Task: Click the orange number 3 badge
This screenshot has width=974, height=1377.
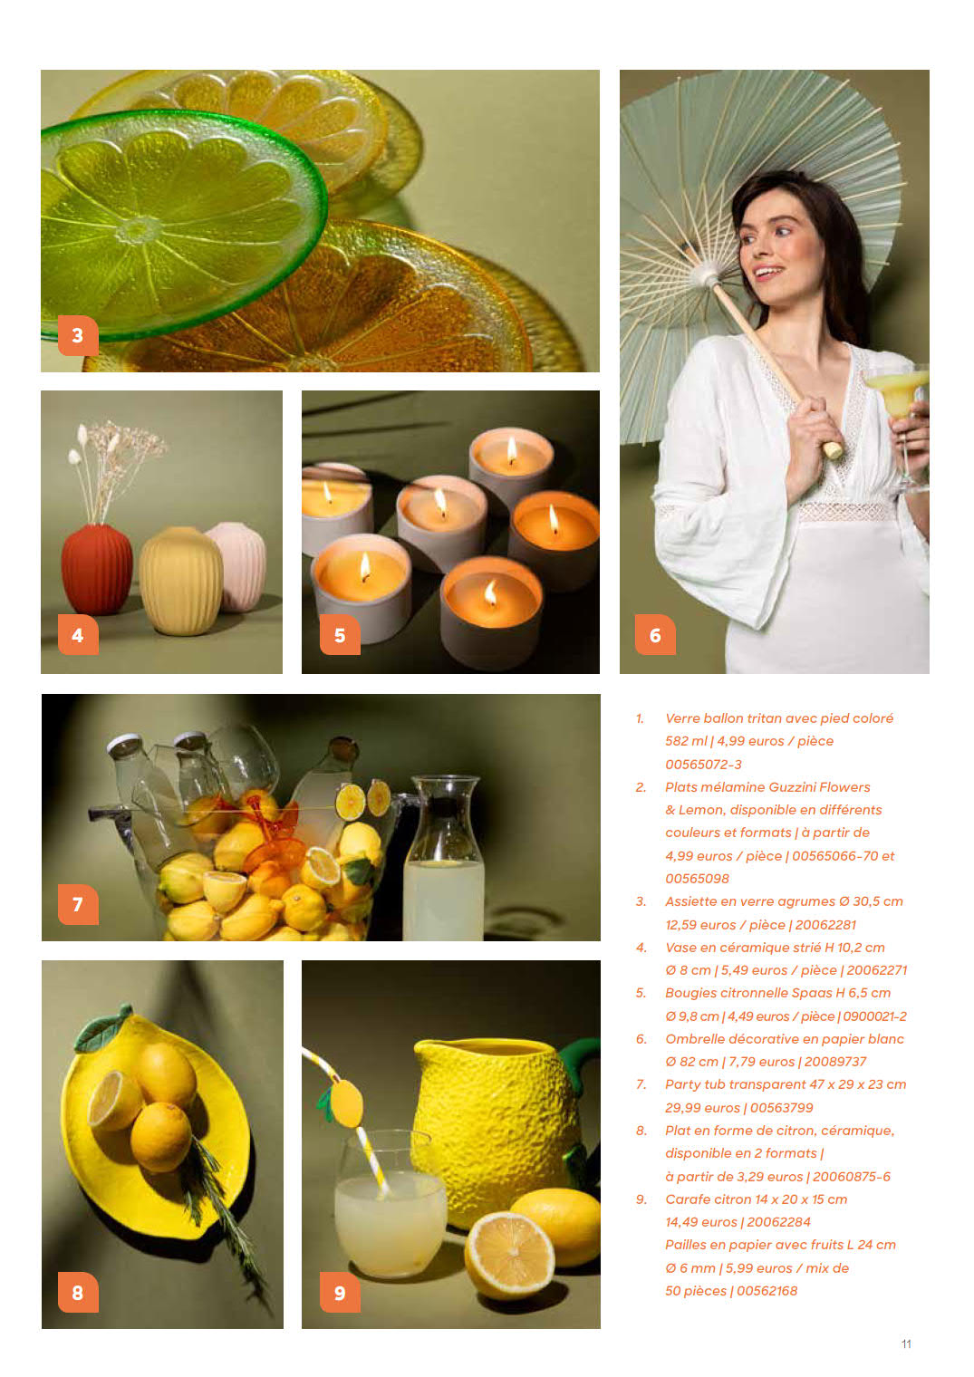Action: pos(78,335)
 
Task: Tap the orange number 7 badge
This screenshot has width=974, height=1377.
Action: pos(78,904)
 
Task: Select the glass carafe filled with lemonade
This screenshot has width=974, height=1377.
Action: pos(443,858)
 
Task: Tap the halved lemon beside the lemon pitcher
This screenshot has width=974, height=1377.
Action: pos(509,1254)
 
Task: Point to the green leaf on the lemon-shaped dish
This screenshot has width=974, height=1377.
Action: pos(102,1028)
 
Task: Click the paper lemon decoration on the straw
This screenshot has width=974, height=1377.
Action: pos(344,1103)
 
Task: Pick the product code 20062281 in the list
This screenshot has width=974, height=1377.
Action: pos(825,925)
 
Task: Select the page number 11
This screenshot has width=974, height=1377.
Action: pos(906,1343)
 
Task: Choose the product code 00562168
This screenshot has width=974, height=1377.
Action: pos(767,1291)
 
